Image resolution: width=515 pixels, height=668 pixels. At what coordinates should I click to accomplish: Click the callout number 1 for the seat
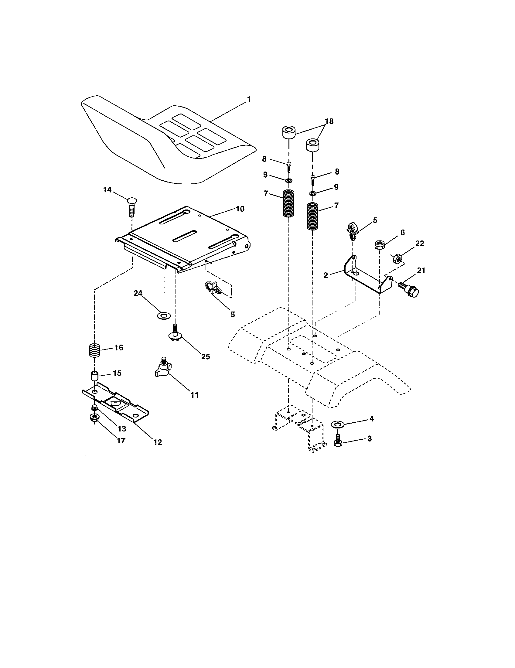click(x=249, y=99)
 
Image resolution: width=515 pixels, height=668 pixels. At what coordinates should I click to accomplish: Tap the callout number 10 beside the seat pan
click(x=240, y=209)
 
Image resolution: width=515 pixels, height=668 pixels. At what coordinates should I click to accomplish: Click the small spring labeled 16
click(x=95, y=349)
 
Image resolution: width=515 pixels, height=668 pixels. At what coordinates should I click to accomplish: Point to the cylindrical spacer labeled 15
click(x=95, y=375)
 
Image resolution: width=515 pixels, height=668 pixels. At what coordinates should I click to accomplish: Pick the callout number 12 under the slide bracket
click(x=158, y=442)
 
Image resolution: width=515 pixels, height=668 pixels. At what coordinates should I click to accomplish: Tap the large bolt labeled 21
click(x=410, y=290)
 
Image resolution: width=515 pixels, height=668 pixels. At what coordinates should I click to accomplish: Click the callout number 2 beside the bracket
click(x=326, y=275)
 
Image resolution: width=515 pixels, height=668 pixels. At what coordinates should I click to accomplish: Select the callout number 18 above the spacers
click(x=329, y=121)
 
